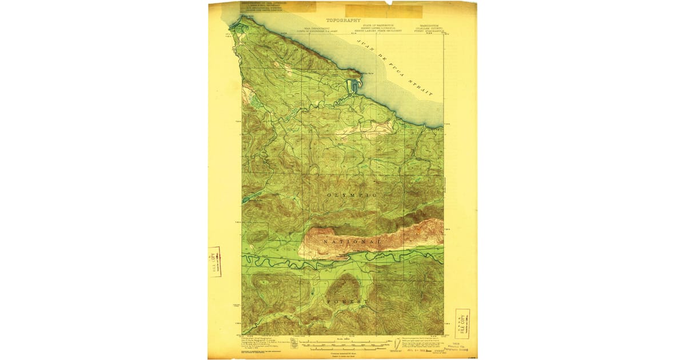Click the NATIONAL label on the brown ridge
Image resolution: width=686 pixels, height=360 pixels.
(x=352, y=242)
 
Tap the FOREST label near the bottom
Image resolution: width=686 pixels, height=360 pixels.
(x=347, y=300)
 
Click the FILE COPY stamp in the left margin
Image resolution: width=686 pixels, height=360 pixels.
(x=214, y=262)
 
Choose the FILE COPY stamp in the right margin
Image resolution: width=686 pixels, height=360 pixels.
(x=462, y=324)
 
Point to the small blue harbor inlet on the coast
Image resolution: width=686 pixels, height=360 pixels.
(x=352, y=86)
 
